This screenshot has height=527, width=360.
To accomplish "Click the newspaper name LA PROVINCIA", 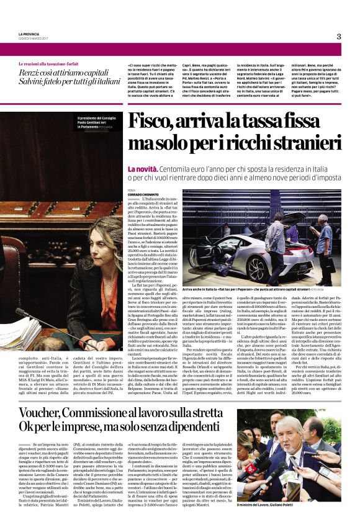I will (x=29, y=34).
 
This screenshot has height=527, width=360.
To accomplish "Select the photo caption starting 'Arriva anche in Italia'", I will (x=254, y=289).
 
